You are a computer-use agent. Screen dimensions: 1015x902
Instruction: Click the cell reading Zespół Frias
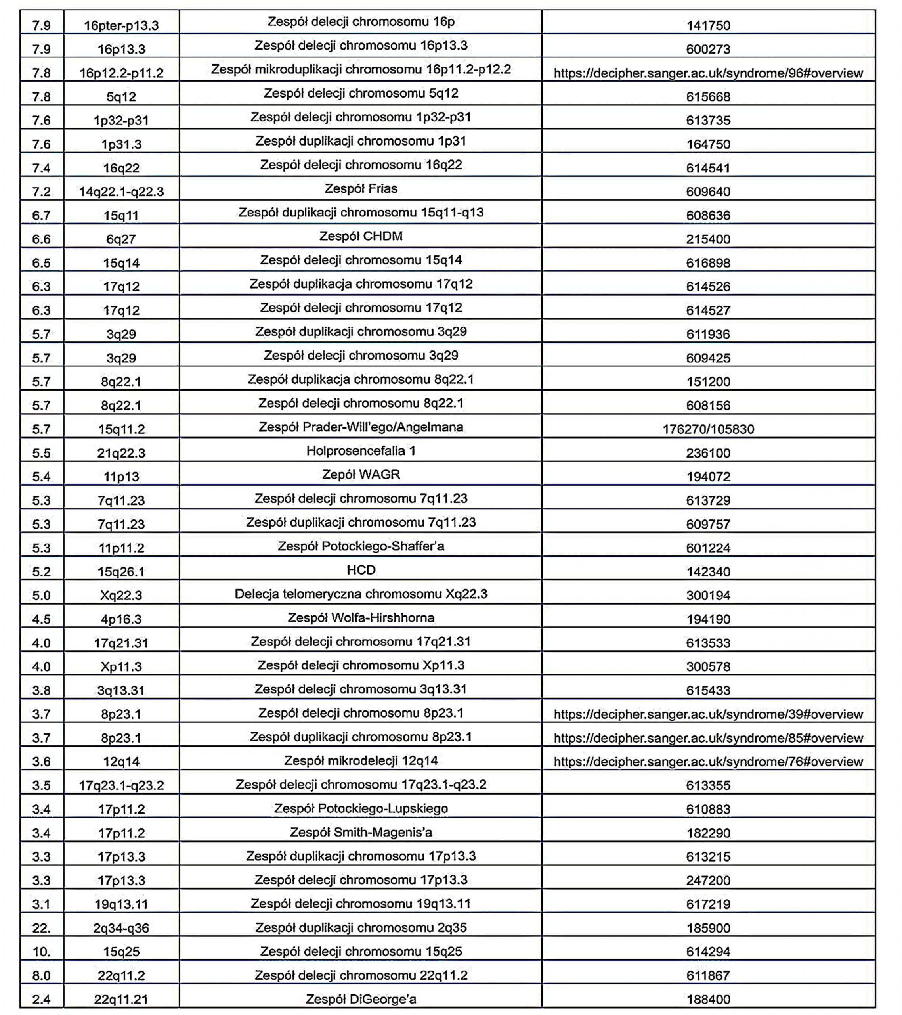click(361, 189)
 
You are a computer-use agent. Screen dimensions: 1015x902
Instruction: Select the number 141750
click(708, 25)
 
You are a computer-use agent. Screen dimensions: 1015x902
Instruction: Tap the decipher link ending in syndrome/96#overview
click(708, 73)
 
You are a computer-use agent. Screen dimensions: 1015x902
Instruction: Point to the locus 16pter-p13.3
click(121, 25)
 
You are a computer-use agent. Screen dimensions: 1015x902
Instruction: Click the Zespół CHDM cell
click(361, 236)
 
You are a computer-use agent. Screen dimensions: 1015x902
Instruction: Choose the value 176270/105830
click(708, 429)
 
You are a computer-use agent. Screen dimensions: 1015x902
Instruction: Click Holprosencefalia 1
click(361, 451)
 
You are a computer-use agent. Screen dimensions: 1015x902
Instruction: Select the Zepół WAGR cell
click(361, 475)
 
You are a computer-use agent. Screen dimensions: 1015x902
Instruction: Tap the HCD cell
click(361, 570)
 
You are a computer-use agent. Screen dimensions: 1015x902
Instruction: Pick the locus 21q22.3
click(121, 453)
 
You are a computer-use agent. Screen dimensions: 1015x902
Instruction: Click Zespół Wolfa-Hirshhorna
click(361, 618)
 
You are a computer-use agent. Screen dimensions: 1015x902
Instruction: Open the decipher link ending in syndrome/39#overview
click(708, 714)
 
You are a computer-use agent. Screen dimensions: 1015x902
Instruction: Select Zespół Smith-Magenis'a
click(361, 832)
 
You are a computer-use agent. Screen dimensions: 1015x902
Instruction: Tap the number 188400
click(708, 999)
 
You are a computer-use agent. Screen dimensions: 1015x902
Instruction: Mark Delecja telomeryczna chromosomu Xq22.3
click(361, 594)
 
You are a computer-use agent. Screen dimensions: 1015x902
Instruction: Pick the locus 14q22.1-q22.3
click(121, 192)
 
